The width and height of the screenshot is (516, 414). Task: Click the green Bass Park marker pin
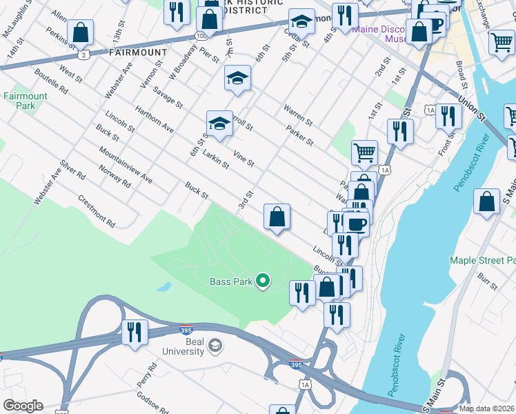coord(262,280)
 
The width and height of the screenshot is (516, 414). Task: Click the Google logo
coord(23,406)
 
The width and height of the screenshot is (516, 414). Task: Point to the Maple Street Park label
coord(482,261)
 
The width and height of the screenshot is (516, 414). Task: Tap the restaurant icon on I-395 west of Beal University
coord(134,332)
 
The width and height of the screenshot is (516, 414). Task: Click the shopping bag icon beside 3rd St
coord(277,217)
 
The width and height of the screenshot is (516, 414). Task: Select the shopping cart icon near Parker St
coord(364,152)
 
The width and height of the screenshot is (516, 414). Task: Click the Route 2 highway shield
coord(83,54)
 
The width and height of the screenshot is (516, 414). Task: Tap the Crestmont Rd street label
coord(97,210)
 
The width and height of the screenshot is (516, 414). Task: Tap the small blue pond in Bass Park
coord(164,286)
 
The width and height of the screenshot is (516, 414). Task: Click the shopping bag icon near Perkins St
coord(81,32)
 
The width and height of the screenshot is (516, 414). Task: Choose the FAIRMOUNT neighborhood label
coord(138,52)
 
